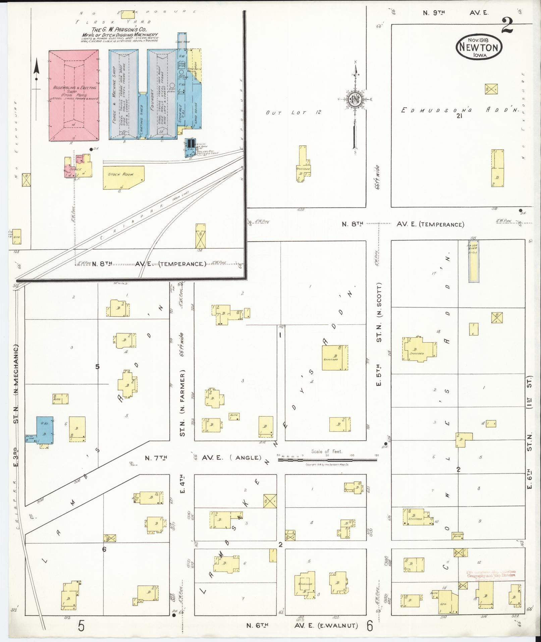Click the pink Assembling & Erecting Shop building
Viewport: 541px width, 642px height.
tap(74, 96)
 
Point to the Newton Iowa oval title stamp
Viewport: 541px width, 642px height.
tap(479, 47)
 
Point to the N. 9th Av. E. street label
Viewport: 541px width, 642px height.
tap(455, 13)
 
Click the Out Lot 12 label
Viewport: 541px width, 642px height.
tap(293, 112)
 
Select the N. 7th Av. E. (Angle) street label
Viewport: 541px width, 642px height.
tap(203, 457)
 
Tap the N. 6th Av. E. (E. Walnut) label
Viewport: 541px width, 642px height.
tap(302, 625)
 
